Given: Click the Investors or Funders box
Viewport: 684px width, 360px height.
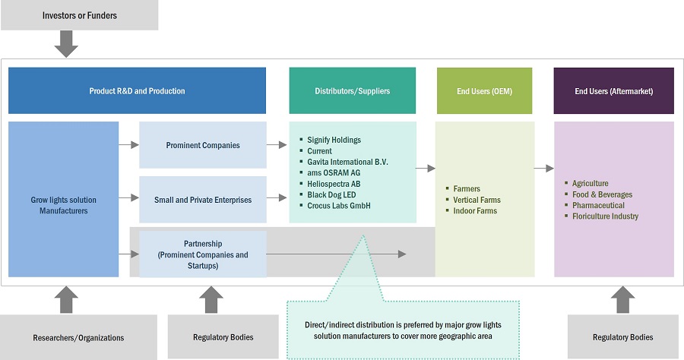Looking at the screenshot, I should tap(79, 15).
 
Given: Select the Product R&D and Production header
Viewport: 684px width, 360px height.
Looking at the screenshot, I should tap(137, 91).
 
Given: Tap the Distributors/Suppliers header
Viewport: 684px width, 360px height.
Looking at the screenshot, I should tap(352, 91).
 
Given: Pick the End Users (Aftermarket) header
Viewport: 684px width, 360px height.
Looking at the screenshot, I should tap(613, 91).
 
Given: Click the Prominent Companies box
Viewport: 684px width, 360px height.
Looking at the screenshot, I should tap(202, 145).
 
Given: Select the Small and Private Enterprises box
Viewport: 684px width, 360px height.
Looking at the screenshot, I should tap(202, 200).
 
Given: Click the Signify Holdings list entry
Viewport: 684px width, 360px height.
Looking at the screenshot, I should tap(334, 141).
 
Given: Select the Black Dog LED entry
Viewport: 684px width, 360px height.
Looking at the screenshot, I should tap(333, 194).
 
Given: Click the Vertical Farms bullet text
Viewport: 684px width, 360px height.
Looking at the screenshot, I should tap(477, 200).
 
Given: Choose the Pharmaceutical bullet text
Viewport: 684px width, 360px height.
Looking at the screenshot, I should tap(598, 205).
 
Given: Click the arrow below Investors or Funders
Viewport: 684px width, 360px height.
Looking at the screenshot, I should tap(67, 44).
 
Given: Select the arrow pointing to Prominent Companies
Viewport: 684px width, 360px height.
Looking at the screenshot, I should tap(128, 144).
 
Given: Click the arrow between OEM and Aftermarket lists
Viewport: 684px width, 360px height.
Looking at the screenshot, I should tap(543, 169).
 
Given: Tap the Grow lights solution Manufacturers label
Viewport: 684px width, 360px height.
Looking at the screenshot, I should tap(64, 205).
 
